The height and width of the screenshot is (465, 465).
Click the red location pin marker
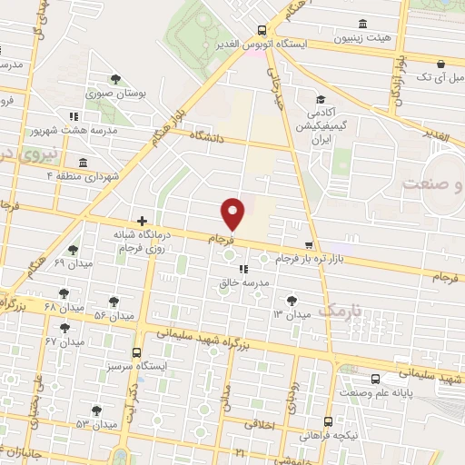pyautogui.click(x=234, y=214)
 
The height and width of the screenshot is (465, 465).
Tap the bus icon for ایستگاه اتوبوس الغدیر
pyautogui.click(x=262, y=29)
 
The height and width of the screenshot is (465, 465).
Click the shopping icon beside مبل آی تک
pyautogui.click(x=440, y=64)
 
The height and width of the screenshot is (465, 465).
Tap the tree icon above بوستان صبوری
pyautogui.click(x=114, y=78)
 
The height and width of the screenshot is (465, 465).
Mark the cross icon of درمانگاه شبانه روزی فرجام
pyautogui.click(x=142, y=221)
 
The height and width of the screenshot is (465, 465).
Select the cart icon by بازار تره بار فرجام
pyautogui.click(x=310, y=244)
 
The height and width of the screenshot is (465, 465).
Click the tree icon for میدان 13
pyautogui.click(x=291, y=299)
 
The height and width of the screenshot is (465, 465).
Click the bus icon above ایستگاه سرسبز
pyautogui.click(x=136, y=352)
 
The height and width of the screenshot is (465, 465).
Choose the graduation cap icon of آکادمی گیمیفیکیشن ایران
pyautogui.click(x=320, y=101)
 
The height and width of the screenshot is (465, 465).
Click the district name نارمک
pyautogui.click(x=341, y=310)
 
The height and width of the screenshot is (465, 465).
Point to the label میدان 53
pyautogui.click(x=97, y=424)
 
